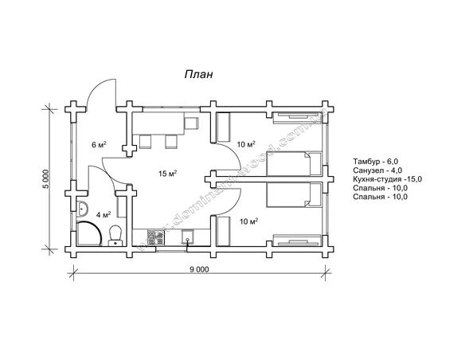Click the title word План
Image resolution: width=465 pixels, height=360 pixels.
pos(198,74)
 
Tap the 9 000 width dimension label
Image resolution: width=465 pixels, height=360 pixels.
pos(199,269)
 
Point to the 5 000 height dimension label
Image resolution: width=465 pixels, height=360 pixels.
pos(45,180)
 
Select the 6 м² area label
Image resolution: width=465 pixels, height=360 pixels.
pos(99,145)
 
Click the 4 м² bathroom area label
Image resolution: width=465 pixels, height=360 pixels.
pos(104,214)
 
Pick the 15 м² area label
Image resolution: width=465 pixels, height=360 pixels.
pos(167,173)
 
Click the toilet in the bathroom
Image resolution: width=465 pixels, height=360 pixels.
pos(115,236)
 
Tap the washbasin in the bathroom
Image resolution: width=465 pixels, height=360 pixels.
pos(82,209)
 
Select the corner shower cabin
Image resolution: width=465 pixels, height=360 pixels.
pos(89,233)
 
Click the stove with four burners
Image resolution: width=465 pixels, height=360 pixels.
pos(156,237)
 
